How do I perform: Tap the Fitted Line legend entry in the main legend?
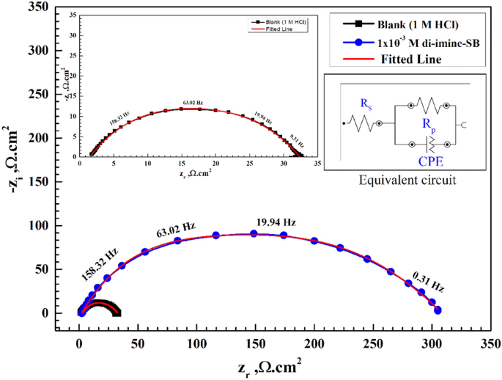(410, 60)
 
